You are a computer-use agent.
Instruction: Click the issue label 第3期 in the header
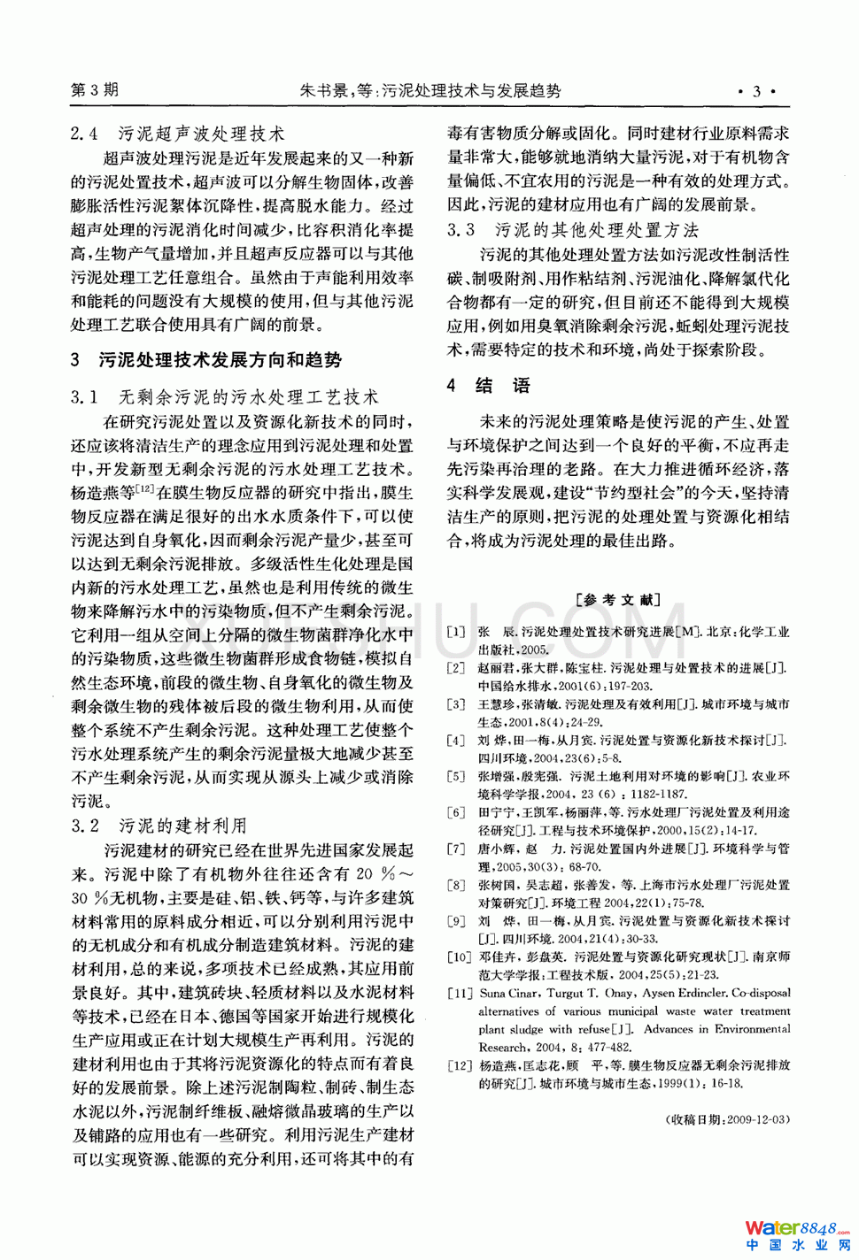94,90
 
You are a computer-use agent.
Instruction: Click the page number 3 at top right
756,91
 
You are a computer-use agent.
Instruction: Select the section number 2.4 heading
84,134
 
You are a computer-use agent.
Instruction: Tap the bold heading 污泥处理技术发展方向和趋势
221,360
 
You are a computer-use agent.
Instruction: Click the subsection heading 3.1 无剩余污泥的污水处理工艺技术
225,397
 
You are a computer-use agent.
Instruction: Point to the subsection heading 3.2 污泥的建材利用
159,826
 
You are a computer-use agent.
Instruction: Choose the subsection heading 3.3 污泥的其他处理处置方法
573,230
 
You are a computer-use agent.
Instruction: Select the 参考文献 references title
618,600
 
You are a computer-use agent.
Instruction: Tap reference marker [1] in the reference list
456,632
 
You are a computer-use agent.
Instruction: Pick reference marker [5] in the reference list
456,776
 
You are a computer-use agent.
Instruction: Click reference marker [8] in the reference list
456,885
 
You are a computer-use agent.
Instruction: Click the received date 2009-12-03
757,1119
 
